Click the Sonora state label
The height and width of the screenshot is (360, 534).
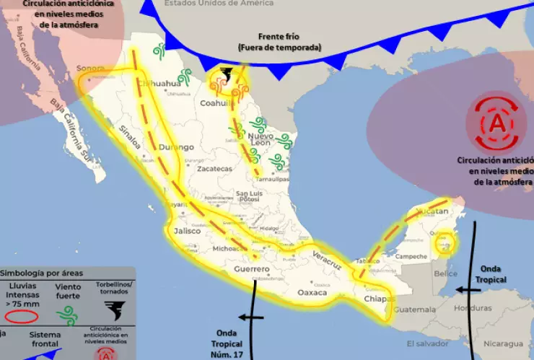(90, 70)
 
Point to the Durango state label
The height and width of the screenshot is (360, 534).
(172, 146)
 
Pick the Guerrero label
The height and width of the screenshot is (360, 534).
(252, 269)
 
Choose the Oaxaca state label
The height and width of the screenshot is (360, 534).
(312, 292)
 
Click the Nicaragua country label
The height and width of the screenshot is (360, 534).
(502, 343)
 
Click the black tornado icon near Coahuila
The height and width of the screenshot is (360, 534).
(226, 74)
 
